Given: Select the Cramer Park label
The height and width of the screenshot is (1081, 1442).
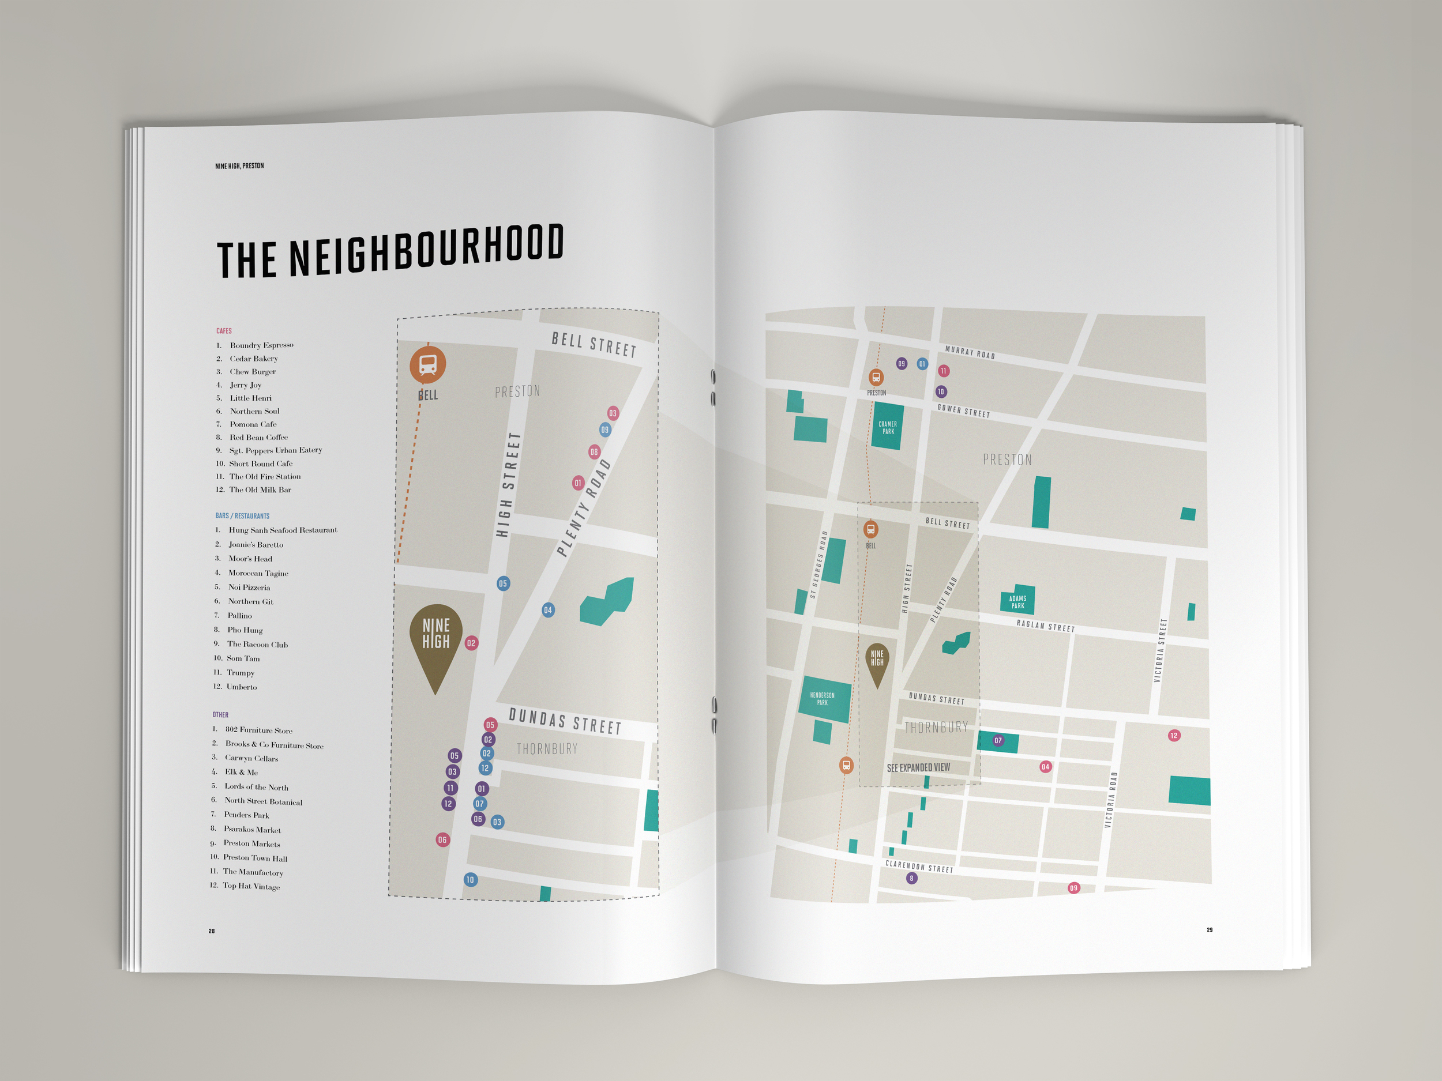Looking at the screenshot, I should pos(887,427).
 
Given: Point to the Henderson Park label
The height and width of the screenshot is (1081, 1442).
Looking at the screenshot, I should pos(822,699).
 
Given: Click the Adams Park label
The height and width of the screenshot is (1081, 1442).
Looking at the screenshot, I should pos(1017,601).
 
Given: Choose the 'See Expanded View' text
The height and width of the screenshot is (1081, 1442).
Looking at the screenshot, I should pos(918,767).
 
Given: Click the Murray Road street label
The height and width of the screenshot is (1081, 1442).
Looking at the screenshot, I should pos(970,352).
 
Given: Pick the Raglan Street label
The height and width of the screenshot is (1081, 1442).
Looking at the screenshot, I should pos(1045,626).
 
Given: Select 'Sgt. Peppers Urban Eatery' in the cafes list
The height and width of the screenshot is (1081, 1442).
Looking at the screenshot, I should pos(275,450).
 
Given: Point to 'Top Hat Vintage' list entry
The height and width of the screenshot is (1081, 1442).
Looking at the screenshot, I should pos(251,886).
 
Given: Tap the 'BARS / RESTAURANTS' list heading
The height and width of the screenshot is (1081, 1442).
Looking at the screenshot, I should pos(242,516).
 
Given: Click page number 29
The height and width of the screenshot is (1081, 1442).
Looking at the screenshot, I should pos(1210,930).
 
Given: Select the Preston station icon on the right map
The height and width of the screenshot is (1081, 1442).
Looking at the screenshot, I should pos(876,377).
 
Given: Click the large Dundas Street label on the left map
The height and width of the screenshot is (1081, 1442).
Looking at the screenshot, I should pos(565,722).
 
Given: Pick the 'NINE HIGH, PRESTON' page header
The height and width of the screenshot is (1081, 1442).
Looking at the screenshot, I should pos(239,165).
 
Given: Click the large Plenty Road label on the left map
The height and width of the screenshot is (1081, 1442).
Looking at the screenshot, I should pos(584,507).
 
